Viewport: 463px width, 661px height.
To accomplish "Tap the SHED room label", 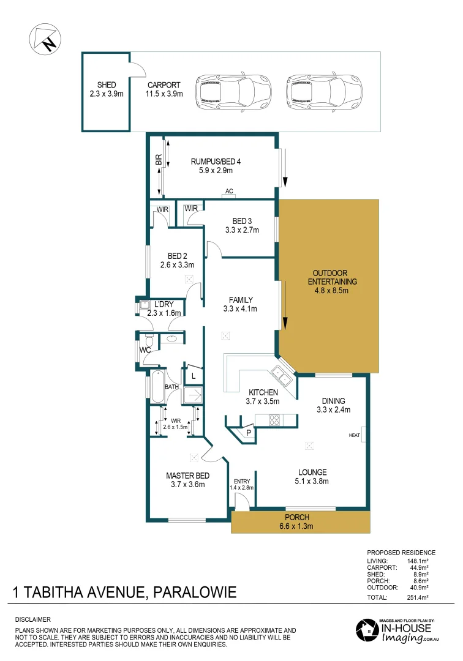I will (107, 89).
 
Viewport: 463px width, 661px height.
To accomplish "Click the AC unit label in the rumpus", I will (230, 192).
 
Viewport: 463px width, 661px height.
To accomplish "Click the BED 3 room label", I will (242, 225).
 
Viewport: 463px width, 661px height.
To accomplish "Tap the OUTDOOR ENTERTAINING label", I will (330, 282).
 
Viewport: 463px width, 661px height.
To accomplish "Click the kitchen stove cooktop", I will (275, 420).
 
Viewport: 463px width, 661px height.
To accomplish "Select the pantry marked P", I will (248, 432).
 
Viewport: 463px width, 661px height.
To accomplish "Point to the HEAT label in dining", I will (354, 435).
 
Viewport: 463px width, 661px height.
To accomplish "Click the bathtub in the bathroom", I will (157, 387).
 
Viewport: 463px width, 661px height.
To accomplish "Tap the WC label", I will (145, 351).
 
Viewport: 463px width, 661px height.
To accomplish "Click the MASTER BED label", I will (188, 479).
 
